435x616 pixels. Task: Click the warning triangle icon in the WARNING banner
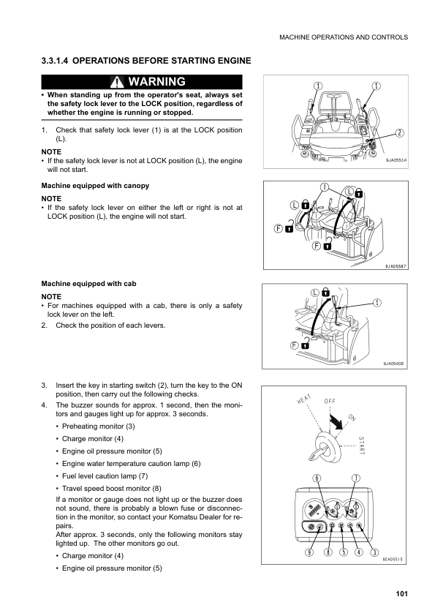[x=117, y=82]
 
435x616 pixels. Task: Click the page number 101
[x=401, y=593]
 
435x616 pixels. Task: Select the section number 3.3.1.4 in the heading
[x=55, y=61]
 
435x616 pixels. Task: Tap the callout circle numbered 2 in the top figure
[x=399, y=133]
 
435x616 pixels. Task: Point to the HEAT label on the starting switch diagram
[x=304, y=399]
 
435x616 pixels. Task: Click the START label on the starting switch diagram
[x=362, y=445]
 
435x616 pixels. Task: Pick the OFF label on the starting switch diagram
[x=330, y=401]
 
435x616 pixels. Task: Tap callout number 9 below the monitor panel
[x=310, y=552]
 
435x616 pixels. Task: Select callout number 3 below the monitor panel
[x=374, y=552]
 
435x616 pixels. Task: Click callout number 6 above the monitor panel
[x=317, y=478]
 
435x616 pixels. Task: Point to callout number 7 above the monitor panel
[x=355, y=478]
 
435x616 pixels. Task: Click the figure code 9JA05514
[x=396, y=160]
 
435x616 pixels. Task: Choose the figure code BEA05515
[x=393, y=560]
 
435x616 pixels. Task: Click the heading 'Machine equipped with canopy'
[x=95, y=185]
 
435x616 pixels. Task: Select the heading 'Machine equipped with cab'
[x=88, y=284]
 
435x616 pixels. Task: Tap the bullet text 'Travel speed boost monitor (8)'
[x=112, y=488]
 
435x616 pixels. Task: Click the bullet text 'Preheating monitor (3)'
[x=99, y=427]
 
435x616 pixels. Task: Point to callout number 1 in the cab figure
[x=377, y=302]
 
